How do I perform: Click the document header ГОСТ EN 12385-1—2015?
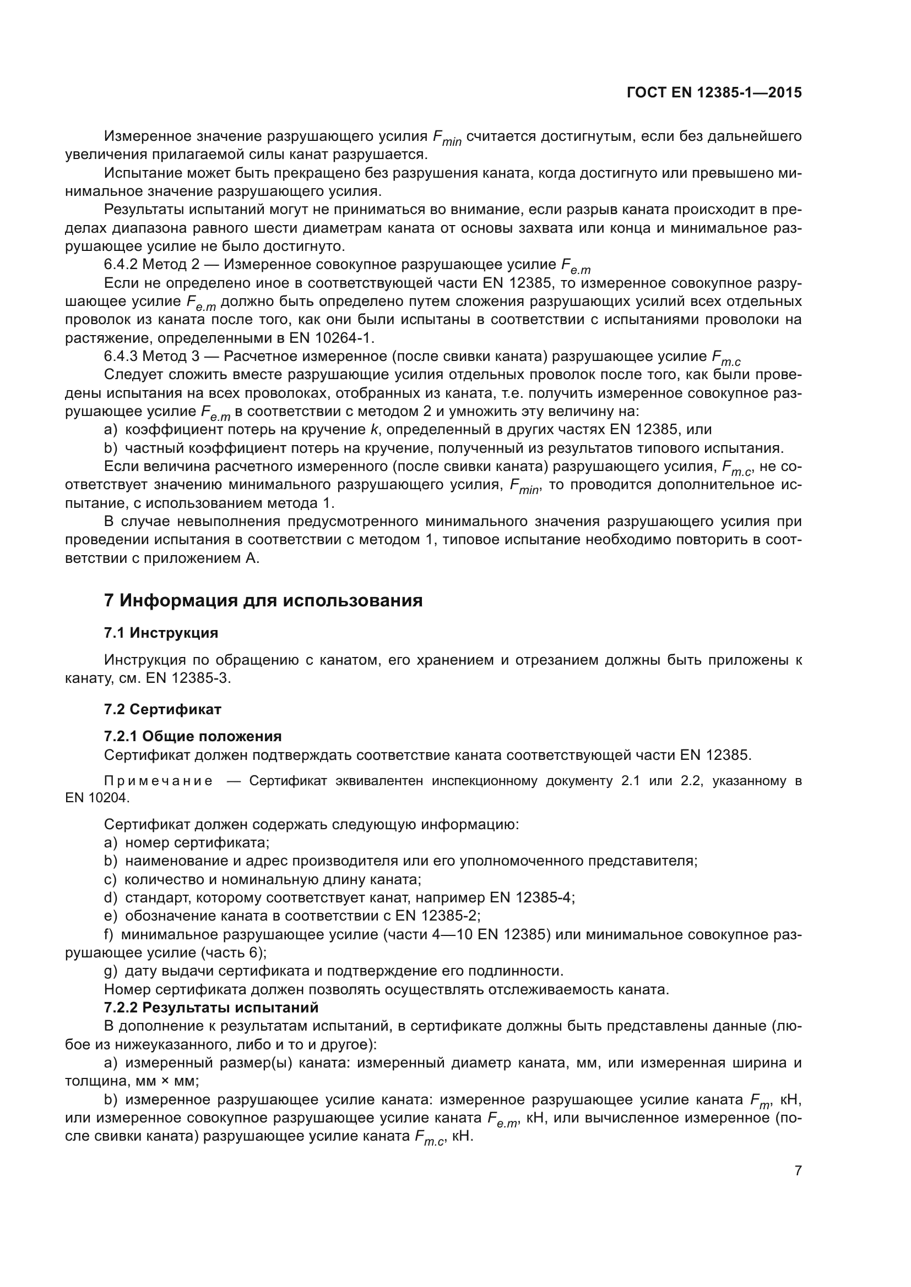pyautogui.click(x=713, y=93)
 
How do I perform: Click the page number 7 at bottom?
pyautogui.click(x=798, y=1170)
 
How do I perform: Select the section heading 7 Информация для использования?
pyautogui.click(x=263, y=601)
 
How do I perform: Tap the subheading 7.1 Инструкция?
pyautogui.click(x=161, y=633)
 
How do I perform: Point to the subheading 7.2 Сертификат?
pyautogui.click(x=162, y=710)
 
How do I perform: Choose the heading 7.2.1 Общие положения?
pyautogui.click(x=193, y=737)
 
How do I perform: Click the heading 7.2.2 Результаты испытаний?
pyautogui.click(x=211, y=1008)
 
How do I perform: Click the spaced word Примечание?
pyautogui.click(x=159, y=781)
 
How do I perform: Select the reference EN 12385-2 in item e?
pyautogui.click(x=437, y=916)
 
